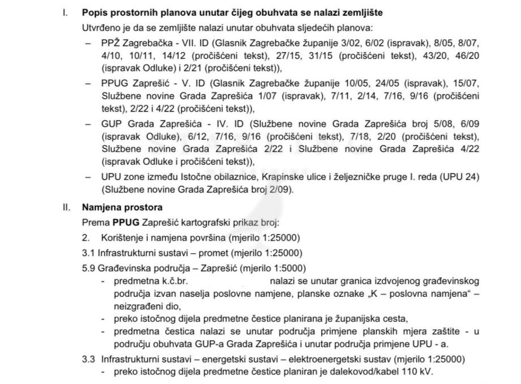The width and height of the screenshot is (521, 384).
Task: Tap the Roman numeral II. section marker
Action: click(66, 207)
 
